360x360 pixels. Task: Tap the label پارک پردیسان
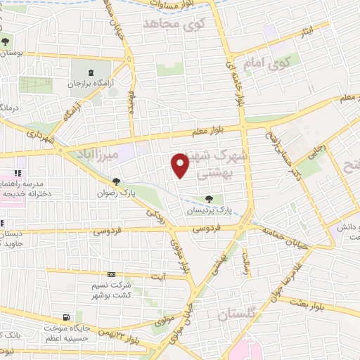(x=209, y=210)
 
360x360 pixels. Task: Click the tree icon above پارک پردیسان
(x=208, y=199)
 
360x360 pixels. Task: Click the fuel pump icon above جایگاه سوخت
(x=65, y=318)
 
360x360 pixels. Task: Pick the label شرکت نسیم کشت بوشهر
(x=111, y=289)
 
